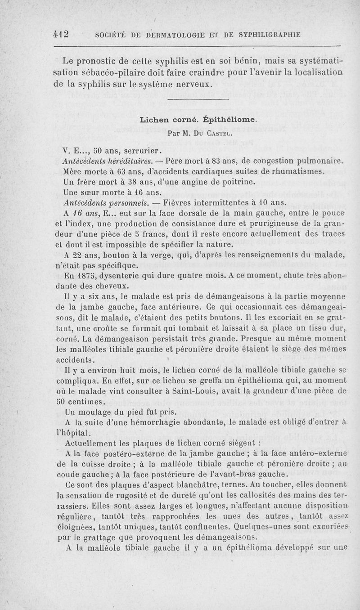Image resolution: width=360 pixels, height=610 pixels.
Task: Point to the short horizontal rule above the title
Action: click(198, 99)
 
